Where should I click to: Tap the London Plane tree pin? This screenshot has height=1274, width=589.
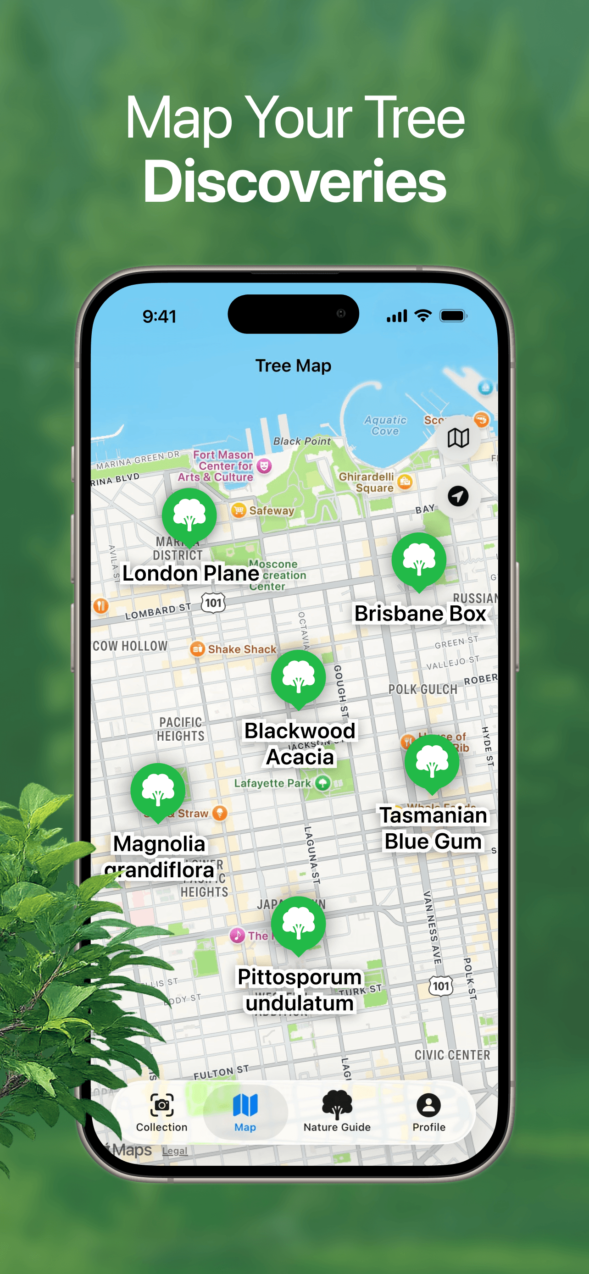pyautogui.click(x=189, y=515)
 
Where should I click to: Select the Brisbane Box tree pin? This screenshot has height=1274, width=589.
pyautogui.click(x=419, y=560)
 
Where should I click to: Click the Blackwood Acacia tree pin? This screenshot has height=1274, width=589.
pyautogui.click(x=298, y=677)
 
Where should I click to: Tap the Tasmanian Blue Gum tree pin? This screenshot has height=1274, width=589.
pyautogui.click(x=432, y=762)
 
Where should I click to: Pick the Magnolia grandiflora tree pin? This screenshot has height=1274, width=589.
pyautogui.click(x=158, y=790)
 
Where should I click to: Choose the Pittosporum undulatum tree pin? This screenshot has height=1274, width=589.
pyautogui.click(x=298, y=923)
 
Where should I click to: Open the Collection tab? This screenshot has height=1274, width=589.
pyautogui.click(x=162, y=1111)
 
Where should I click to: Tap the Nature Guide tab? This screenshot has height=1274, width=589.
pyautogui.click(x=337, y=1111)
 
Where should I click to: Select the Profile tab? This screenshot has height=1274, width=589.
pyautogui.click(x=429, y=1111)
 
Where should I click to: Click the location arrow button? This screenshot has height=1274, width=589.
pyautogui.click(x=458, y=496)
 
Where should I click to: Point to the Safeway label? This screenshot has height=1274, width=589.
pyautogui.click(x=271, y=510)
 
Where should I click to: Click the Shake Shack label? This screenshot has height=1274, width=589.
pyautogui.click(x=241, y=649)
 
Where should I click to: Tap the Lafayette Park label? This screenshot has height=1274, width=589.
pyautogui.click(x=272, y=783)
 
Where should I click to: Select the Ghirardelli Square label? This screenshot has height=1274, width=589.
pyautogui.click(x=367, y=482)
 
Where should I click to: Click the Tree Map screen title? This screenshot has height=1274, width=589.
pyautogui.click(x=293, y=366)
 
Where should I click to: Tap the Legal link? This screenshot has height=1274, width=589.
pyautogui.click(x=175, y=1151)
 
